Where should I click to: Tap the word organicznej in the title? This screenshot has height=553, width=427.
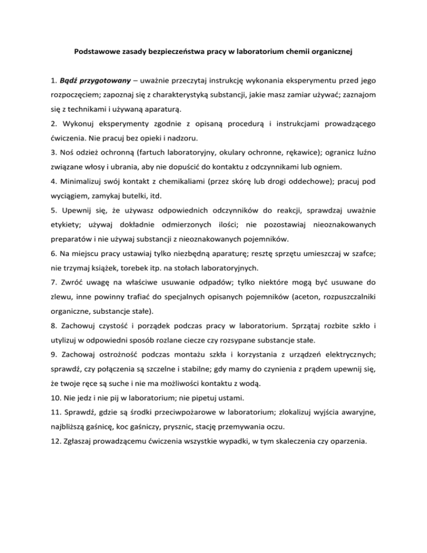click(331, 53)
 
